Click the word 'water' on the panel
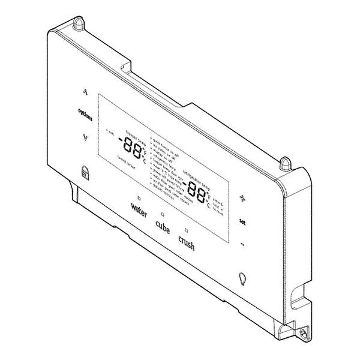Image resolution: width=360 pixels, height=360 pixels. [139, 210]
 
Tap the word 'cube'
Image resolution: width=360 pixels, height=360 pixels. [163, 227]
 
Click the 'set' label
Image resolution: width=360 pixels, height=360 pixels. [242, 221]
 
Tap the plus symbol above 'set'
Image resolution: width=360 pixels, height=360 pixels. [243, 198]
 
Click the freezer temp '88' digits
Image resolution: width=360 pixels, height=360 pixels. [130, 146]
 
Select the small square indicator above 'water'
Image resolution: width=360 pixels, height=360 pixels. [139, 197]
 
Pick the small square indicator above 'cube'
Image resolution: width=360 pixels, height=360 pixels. [163, 214]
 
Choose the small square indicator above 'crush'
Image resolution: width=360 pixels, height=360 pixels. [187, 230]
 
